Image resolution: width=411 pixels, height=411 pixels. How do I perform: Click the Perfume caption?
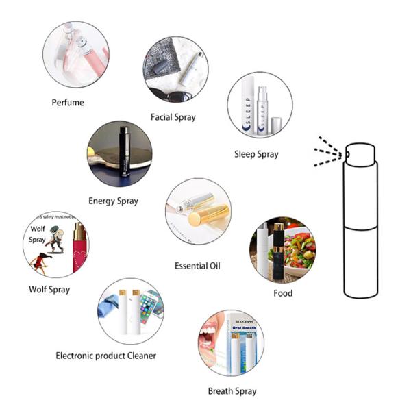pyautogui.click(x=68, y=103)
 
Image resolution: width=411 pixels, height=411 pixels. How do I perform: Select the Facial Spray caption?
pyautogui.click(x=173, y=117)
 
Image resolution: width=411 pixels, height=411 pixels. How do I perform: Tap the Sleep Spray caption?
pyautogui.click(x=256, y=154)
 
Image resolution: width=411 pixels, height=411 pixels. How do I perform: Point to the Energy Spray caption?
pyautogui.click(x=113, y=201)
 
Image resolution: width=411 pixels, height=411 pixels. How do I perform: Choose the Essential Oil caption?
pyautogui.click(x=197, y=265)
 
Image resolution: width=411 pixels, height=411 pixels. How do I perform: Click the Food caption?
pyautogui.click(x=283, y=293)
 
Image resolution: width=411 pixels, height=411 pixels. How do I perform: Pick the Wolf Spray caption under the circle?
pyautogui.click(x=49, y=289)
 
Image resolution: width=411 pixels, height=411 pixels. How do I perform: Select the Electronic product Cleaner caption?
pyautogui.click(x=106, y=356)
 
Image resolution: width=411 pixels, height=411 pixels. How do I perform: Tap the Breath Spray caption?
pyautogui.click(x=232, y=391)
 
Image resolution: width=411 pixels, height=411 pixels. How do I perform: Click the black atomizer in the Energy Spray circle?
pyautogui.click(x=125, y=151)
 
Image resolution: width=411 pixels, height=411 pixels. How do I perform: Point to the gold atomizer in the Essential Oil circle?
pyautogui.click(x=204, y=216)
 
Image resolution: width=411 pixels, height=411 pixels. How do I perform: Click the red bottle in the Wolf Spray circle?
pyautogui.click(x=78, y=247)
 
